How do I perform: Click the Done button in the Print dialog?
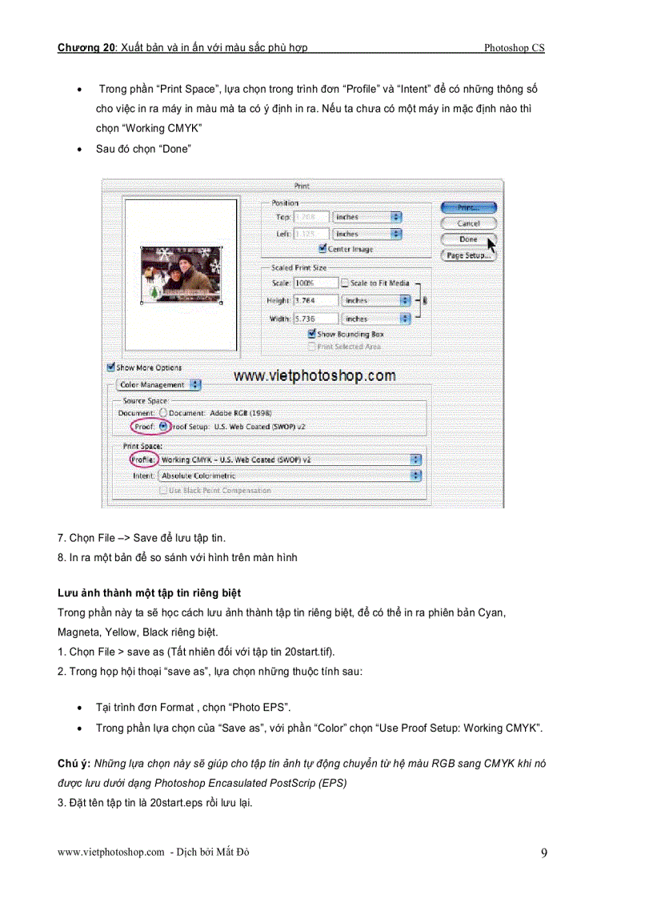pos(468,239)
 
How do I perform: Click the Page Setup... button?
pos(468,255)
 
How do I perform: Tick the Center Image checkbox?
pos(322,249)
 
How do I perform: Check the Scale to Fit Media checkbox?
pos(345,283)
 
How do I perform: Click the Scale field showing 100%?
pos(315,283)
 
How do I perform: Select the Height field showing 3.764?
pos(315,300)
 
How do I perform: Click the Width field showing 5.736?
pos(315,318)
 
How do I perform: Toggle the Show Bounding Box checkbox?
pos(312,333)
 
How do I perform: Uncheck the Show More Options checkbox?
pos(111,367)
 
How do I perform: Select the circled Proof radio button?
pos(163,427)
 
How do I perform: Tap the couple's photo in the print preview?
pos(180,275)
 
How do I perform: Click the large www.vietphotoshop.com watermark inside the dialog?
pos(314,375)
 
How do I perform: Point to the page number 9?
pos(544,853)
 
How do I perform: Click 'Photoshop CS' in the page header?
pos(514,48)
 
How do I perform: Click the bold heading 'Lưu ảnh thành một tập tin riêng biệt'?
pos(149,593)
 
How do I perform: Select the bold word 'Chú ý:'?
pos(74,764)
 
